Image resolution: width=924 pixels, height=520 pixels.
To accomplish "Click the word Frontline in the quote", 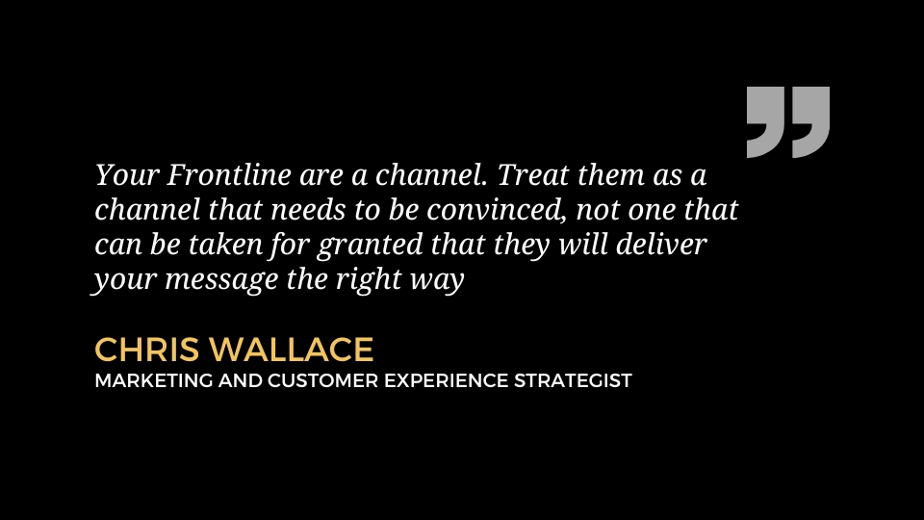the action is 229,174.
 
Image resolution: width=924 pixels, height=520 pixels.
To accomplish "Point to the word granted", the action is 370,246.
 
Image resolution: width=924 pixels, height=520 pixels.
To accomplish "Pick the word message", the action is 221,279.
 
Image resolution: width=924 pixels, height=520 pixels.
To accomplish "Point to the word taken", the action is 225,244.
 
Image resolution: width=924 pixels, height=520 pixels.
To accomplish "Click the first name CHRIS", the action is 146,349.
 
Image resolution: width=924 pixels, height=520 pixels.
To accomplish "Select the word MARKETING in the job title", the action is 153,381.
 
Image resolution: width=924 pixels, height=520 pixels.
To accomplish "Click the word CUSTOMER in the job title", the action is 322,381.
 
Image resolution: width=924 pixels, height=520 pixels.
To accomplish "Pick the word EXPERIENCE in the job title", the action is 446,381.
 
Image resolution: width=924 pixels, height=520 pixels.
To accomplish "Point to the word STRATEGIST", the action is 573,381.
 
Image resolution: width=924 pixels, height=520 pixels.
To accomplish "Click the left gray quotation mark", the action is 765,121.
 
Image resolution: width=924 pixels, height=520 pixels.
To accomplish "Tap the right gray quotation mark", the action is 810,121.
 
